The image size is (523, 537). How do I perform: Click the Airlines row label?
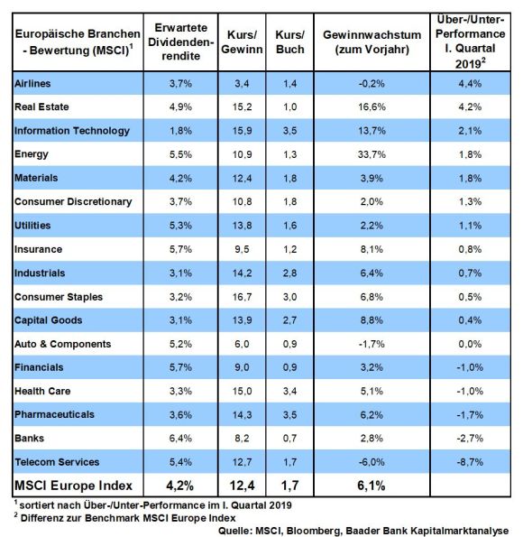point(32,83)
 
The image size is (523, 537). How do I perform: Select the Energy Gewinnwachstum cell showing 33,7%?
point(372,154)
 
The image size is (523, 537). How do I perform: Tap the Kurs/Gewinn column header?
point(242,42)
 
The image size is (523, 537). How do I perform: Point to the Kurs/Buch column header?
point(290,42)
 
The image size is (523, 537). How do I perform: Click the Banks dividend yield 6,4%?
point(180,438)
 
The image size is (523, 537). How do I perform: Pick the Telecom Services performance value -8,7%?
point(470,462)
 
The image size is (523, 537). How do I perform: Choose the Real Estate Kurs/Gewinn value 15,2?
point(242,106)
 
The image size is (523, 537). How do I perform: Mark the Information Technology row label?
point(72,131)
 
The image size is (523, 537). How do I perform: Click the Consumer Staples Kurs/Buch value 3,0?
point(290,297)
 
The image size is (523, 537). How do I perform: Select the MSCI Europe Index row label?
point(73,486)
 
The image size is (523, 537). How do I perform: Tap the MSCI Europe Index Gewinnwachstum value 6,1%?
point(372,486)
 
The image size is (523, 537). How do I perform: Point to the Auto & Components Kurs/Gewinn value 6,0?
point(242,344)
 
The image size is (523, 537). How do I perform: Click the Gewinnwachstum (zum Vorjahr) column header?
point(372,42)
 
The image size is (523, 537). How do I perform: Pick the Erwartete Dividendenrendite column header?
point(180,42)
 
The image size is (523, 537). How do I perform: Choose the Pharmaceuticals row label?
point(54,414)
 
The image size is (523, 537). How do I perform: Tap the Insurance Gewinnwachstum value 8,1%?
point(372,249)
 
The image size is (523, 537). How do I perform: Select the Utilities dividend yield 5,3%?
point(180,226)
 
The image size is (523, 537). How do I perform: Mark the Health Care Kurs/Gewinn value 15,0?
point(242,391)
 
